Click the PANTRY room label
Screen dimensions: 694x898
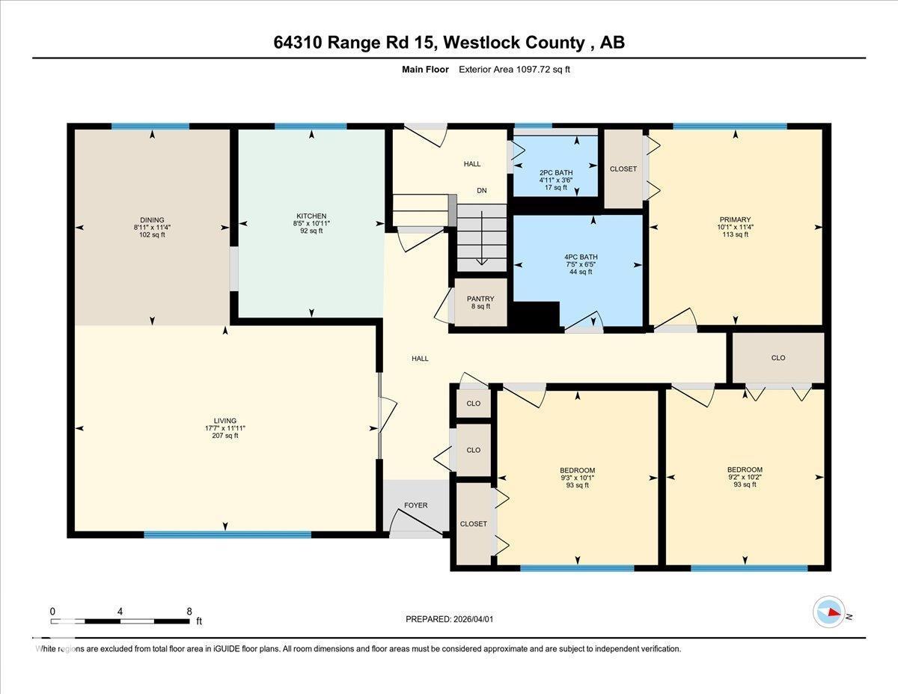tap(480, 299)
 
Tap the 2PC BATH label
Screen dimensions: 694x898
tap(555, 172)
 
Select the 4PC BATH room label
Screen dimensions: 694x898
tap(581, 257)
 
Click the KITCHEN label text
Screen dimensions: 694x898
tap(311, 216)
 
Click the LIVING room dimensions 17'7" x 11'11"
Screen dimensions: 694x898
tap(225, 428)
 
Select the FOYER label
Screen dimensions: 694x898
tap(416, 505)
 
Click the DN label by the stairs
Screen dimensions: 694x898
tap(482, 191)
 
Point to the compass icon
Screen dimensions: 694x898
tap(829, 612)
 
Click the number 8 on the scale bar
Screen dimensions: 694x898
tap(189, 611)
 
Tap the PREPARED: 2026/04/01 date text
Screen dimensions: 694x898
tap(450, 619)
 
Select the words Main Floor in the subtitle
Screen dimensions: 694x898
tap(425, 70)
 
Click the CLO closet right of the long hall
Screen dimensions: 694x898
tap(778, 358)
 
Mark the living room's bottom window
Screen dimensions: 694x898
tap(227, 535)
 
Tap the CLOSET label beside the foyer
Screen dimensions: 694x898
tap(473, 524)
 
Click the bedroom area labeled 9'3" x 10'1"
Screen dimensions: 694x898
tap(577, 478)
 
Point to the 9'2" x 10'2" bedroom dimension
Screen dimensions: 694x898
tap(745, 477)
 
